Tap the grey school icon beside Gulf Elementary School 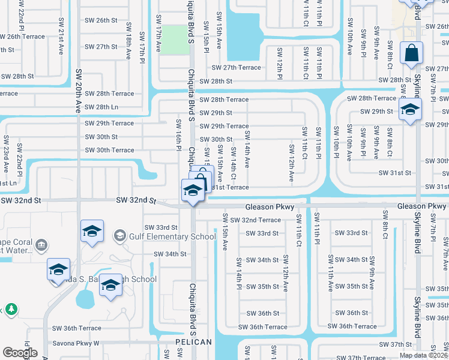[x=120, y=236]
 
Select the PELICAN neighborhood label [x=193, y=342]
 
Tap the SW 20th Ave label [x=78, y=91]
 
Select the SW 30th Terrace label [x=109, y=150]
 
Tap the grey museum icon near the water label [x=41, y=245]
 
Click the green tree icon [x=10, y=310]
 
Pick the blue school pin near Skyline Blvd [x=410, y=110]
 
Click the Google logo [x=20, y=352]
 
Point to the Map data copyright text [x=423, y=355]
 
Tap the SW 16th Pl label [x=178, y=134]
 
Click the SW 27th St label [x=101, y=47]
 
